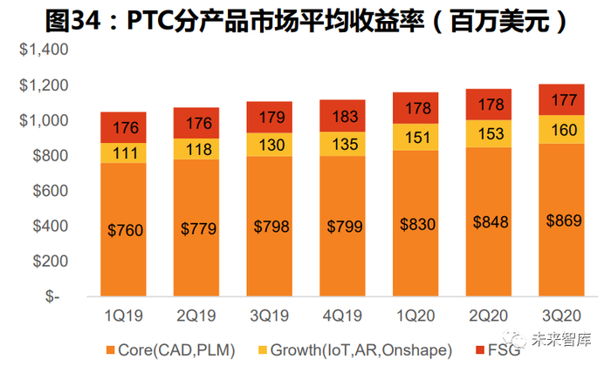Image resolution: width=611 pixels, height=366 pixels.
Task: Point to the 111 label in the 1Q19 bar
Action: tap(123, 152)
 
